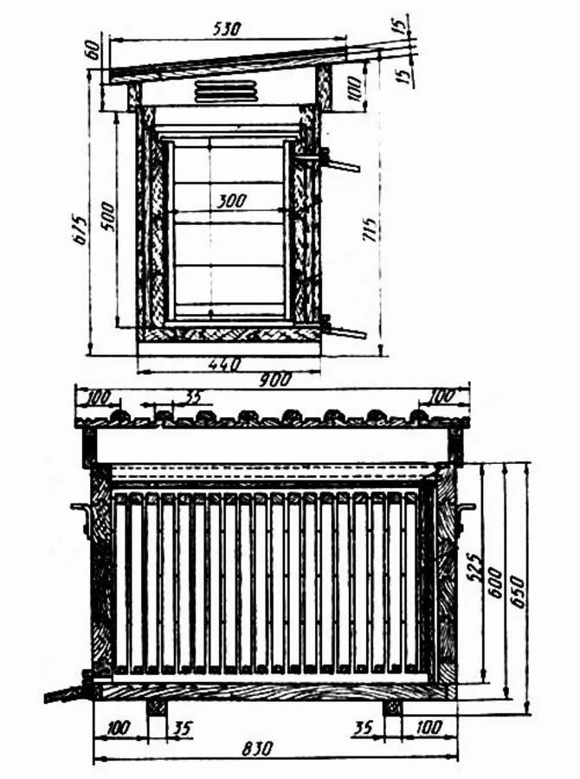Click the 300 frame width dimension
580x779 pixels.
231,201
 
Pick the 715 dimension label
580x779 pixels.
370,229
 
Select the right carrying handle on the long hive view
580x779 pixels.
466,517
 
